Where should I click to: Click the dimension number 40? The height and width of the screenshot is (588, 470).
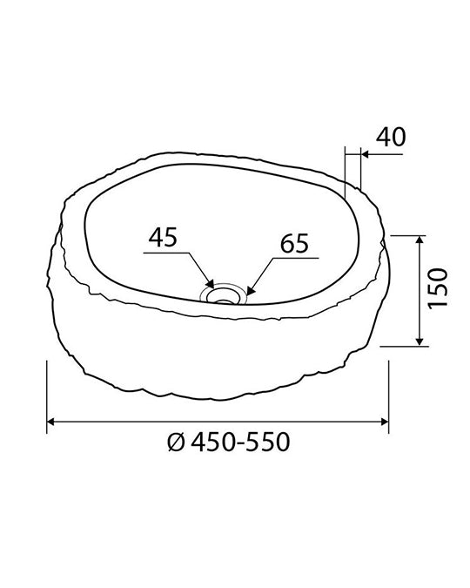point(391,137)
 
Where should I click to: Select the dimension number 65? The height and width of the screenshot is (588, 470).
point(294,243)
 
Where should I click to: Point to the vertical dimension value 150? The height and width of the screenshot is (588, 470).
point(438,288)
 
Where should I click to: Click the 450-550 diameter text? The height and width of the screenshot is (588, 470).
point(240,443)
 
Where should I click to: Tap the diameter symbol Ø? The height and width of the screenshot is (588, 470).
point(176,443)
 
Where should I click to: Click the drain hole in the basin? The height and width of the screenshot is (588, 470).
point(225,295)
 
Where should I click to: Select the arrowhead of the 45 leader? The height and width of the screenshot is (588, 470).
point(210,284)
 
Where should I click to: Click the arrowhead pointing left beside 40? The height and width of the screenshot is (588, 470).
point(366,154)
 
